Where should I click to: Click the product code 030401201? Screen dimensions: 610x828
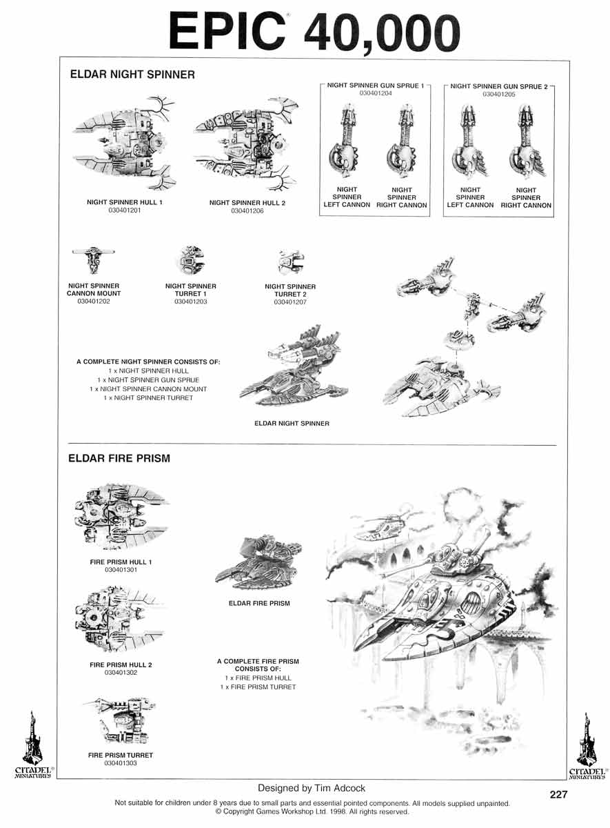125,210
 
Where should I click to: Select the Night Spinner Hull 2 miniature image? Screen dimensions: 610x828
246,143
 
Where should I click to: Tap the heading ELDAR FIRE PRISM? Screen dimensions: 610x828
119,458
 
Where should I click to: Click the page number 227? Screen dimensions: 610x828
558,794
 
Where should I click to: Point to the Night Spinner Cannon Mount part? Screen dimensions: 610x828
94,259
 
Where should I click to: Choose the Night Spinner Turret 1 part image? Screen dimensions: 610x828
190,260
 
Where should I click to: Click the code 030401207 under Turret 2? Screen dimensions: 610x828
290,302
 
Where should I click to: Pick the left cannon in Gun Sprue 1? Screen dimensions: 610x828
343,141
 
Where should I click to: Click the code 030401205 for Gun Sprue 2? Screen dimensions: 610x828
499,95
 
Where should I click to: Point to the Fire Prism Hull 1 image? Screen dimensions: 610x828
121,517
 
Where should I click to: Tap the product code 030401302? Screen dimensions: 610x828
121,673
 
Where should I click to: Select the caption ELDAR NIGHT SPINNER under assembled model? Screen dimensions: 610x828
292,424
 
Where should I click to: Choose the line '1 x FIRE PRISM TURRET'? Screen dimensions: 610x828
258,687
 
